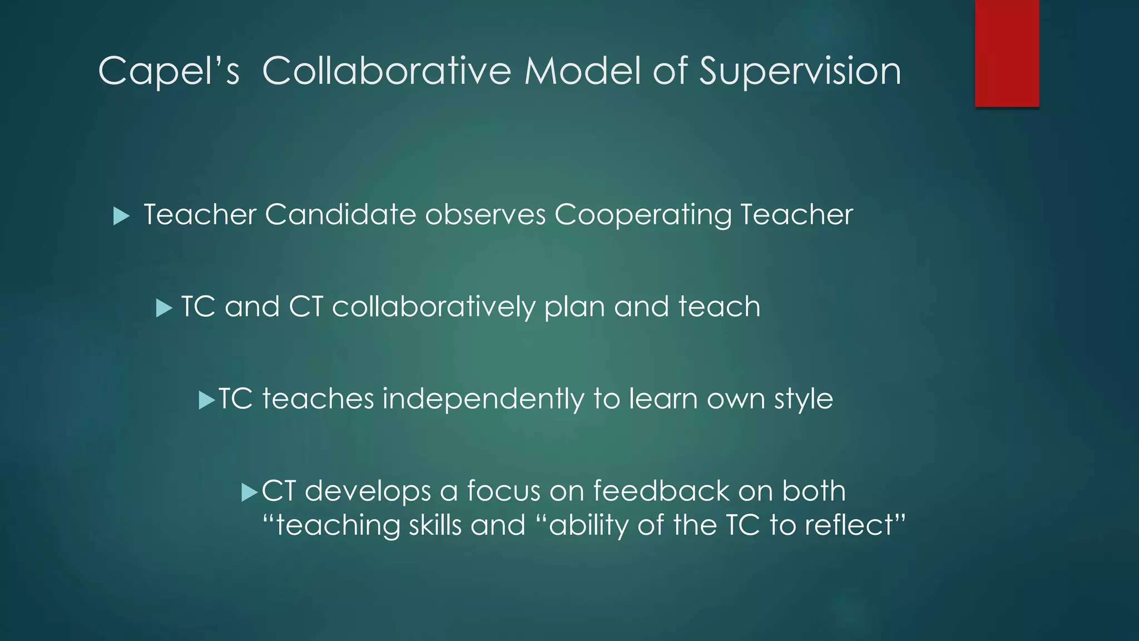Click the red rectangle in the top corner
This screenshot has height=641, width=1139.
click(1007, 53)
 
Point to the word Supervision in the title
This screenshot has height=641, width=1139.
click(800, 72)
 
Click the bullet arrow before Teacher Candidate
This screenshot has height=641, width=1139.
click(121, 216)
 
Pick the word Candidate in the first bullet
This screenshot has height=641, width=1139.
click(340, 215)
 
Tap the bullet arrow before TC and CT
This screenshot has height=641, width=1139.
click(164, 308)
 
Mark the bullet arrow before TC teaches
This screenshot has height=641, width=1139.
click(206, 400)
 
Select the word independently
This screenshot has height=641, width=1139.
click(483, 400)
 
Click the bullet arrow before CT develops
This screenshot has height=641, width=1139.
click(250, 492)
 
